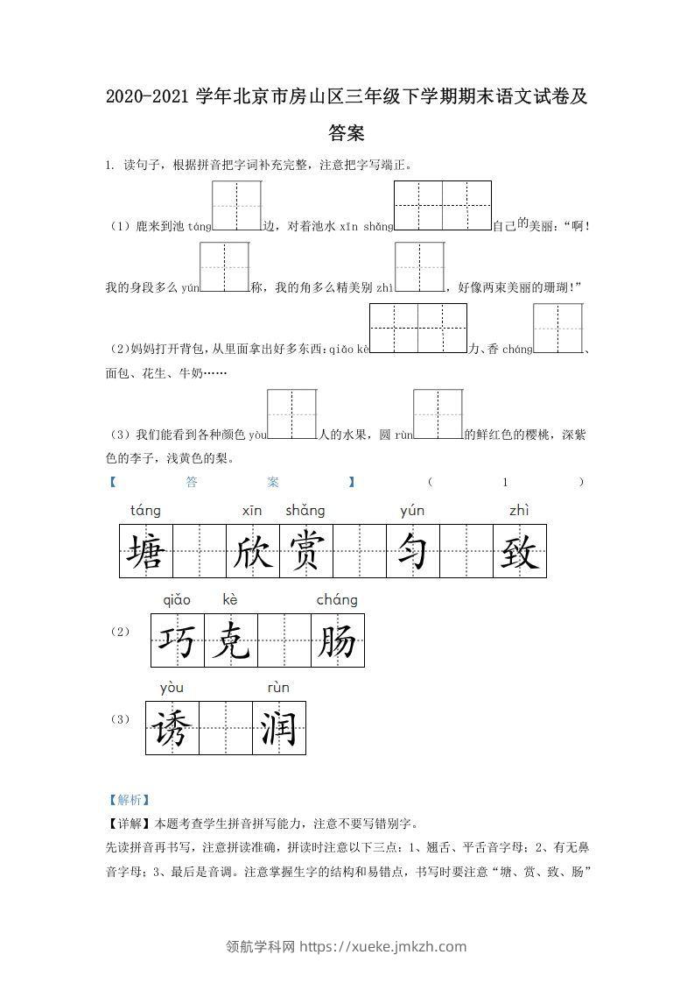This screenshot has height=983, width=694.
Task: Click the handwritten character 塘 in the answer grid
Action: [145, 552]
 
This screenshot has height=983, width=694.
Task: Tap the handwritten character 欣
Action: [253, 552]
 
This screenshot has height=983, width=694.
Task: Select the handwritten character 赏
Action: [305, 552]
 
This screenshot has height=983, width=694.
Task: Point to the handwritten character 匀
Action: [412, 552]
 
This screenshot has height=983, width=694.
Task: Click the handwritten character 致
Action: [519, 552]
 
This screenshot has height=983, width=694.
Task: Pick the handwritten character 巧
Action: [178, 641]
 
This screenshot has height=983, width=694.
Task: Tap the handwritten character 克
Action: [231, 641]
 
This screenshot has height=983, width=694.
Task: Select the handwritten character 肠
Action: [337, 641]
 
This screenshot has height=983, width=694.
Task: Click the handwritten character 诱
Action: [172, 728]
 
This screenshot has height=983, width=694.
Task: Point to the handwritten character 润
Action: [278, 728]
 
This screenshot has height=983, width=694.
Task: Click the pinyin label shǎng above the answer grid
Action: [305, 511]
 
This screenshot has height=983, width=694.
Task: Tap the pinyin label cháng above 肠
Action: [336, 600]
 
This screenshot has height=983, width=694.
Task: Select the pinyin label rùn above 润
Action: [277, 688]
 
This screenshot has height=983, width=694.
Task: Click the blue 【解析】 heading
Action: [126, 799]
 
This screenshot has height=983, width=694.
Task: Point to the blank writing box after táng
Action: [237, 206]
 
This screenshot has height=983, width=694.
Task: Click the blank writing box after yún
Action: [224, 266]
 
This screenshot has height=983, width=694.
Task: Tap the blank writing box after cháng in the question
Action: [557, 328]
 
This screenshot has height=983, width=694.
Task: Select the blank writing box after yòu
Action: [291, 414]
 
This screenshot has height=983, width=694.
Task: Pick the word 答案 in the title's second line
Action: [347, 133]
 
